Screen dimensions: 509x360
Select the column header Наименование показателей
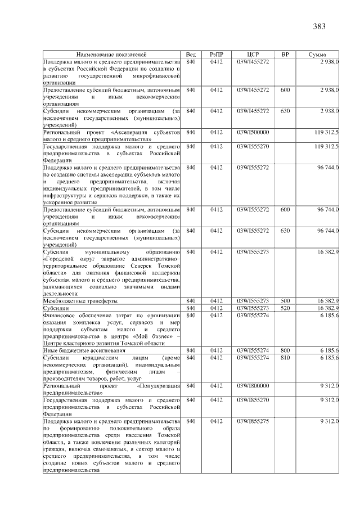tap(112, 54)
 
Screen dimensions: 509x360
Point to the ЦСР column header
tap(253, 54)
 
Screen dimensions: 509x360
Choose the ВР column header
tap(285, 54)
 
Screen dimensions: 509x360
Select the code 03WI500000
tap(253, 132)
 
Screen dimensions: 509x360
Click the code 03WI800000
tap(253, 386)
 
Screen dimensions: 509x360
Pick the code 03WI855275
tap(253, 421)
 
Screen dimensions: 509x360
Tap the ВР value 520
tap(285, 308)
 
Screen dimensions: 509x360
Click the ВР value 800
tap(285, 350)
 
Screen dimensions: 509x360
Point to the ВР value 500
tap(285, 301)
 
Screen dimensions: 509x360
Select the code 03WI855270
tap(253, 400)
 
